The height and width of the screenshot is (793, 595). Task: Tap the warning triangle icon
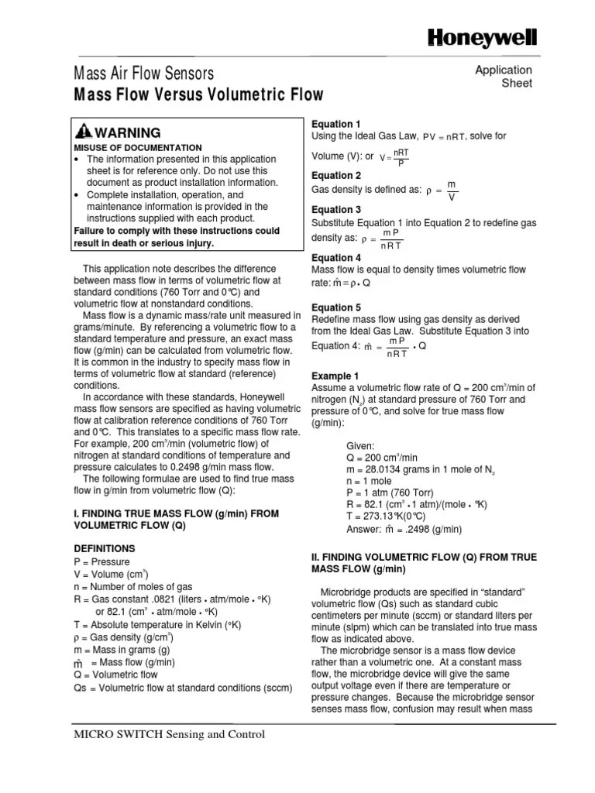click(x=82, y=132)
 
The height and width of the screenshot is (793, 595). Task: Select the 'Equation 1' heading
click(x=336, y=124)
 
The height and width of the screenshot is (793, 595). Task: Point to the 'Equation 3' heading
click(x=336, y=210)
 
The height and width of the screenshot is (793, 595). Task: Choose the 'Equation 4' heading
click(x=336, y=258)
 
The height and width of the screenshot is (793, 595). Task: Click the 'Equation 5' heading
click(x=336, y=307)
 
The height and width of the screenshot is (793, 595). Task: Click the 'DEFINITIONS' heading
click(x=105, y=548)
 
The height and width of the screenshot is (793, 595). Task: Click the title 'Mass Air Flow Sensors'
click(x=143, y=74)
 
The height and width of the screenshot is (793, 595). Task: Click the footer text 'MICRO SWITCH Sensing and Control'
click(x=169, y=734)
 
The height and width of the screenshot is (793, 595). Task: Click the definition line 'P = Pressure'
click(x=101, y=561)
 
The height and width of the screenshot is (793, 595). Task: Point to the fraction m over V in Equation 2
click(x=452, y=191)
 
